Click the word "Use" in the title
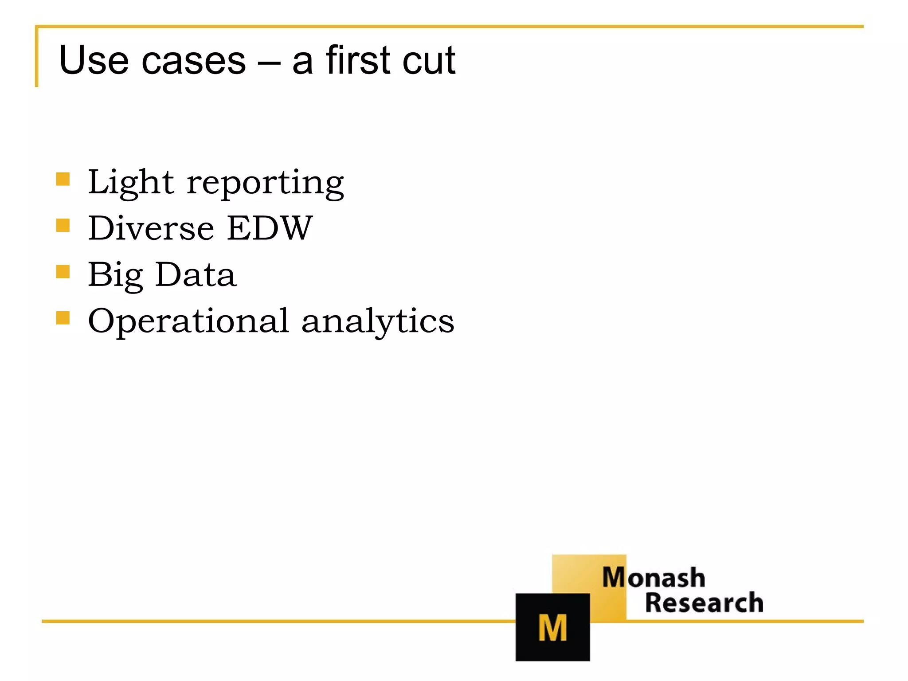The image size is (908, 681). [94, 60]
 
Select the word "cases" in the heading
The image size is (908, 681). [193, 61]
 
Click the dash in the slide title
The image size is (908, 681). [269, 62]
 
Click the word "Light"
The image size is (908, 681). [131, 183]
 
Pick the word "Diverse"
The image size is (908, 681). [151, 228]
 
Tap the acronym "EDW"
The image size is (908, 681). [270, 228]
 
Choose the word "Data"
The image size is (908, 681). [196, 274]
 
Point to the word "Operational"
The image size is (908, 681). [188, 321]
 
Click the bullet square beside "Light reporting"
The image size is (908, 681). [63, 179]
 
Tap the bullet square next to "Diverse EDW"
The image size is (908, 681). [63, 225]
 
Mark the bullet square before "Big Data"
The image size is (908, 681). [63, 271]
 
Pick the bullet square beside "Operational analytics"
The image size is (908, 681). [63, 318]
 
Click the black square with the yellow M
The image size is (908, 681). [552, 627]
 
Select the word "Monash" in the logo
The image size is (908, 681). [654, 578]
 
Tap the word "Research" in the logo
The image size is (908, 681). [704, 603]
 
